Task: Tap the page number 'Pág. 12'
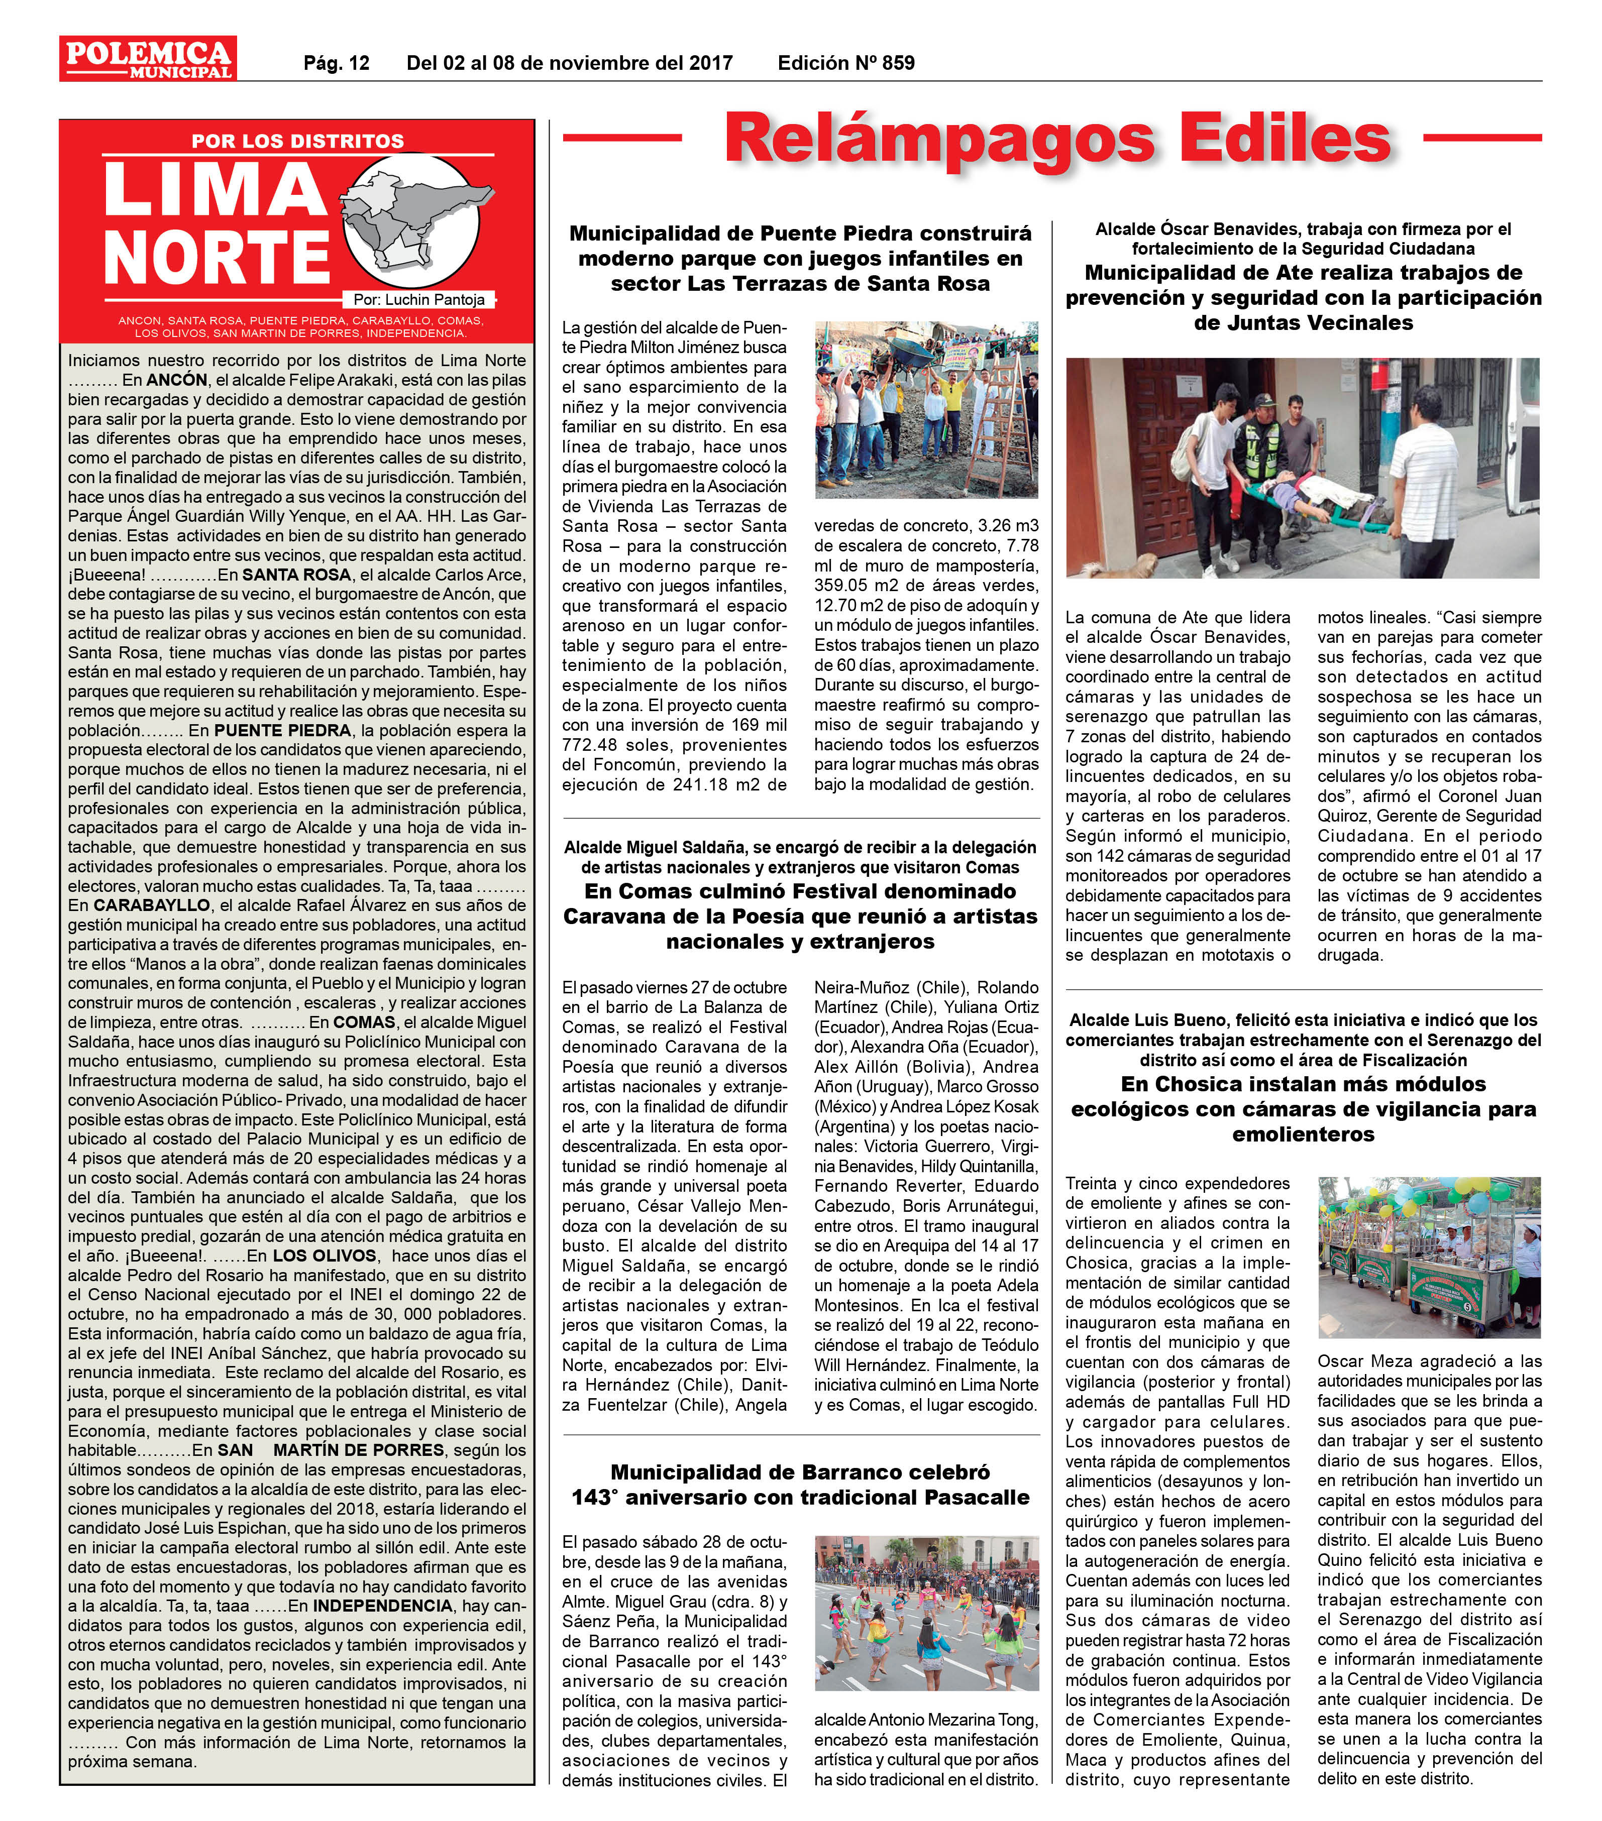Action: coord(336,63)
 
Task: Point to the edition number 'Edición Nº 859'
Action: coord(845,63)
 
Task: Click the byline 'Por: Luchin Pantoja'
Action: coord(419,300)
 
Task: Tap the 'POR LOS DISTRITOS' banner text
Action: coord(297,141)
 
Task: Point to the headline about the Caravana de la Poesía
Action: coord(800,916)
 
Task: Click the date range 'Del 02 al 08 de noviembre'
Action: coord(569,63)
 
